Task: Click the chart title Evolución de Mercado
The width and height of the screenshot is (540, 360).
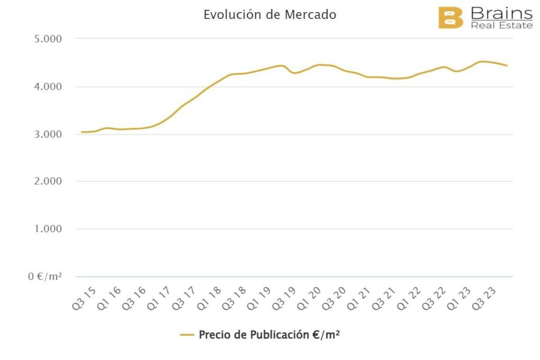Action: (269, 15)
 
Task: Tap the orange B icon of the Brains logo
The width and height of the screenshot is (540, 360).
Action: (450, 17)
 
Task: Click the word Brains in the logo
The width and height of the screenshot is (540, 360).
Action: (501, 13)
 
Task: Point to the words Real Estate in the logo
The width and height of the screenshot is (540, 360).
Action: (501, 25)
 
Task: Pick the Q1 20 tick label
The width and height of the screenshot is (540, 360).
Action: (311, 298)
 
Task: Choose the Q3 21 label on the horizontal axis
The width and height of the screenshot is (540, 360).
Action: (385, 298)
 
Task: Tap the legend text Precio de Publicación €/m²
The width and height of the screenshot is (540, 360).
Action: (269, 335)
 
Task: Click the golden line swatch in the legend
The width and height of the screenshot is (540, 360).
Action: (187, 335)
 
